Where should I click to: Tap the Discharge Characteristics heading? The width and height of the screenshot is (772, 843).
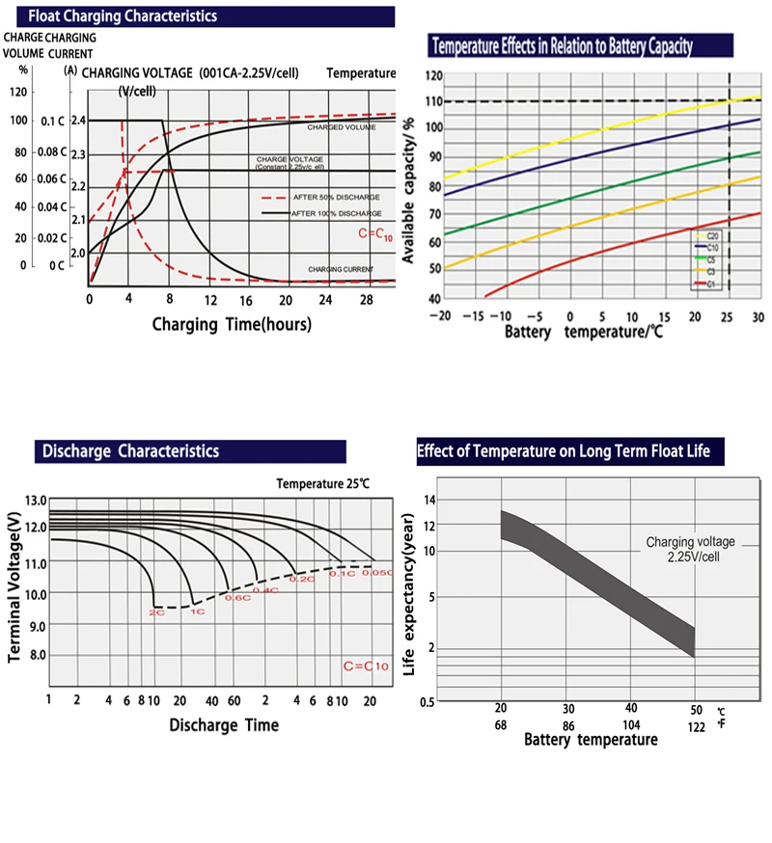[129, 450]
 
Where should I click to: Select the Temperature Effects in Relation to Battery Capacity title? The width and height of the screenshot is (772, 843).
[562, 46]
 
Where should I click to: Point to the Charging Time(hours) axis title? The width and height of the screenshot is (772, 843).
[232, 324]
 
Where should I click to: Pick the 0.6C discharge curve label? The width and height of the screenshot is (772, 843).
[237, 598]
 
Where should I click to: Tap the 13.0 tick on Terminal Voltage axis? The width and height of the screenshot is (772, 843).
[36, 500]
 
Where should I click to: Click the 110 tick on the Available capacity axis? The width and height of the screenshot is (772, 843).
[433, 101]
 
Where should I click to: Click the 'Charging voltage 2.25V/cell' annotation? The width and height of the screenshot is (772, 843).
[689, 550]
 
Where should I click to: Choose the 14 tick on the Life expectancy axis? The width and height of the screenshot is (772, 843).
[430, 500]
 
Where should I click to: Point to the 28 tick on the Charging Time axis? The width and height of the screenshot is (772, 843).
[366, 300]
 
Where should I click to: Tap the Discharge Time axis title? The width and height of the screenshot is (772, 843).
[224, 724]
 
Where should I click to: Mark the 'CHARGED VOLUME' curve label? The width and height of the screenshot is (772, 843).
[342, 127]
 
